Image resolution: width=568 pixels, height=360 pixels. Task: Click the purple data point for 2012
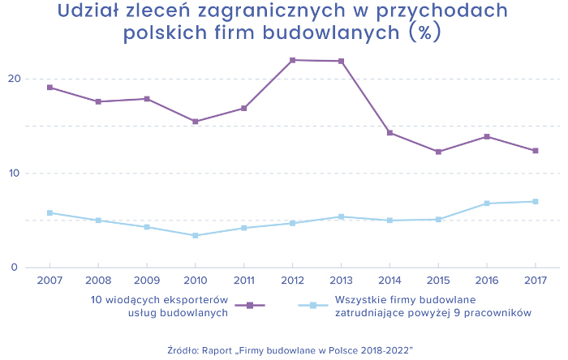tap(292, 60)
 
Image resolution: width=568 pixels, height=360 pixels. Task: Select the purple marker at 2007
tap(49, 87)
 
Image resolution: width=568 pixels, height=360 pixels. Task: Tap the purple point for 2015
tap(438, 152)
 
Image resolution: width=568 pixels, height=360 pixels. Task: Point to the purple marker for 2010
tap(195, 122)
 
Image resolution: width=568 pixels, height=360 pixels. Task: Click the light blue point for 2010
tap(195, 235)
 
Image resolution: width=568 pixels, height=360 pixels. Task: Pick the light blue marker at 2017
tap(536, 201)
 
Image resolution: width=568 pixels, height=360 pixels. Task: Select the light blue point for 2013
tap(341, 216)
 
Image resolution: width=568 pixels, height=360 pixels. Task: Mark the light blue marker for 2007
tap(49, 212)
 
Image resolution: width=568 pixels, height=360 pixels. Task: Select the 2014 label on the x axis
tap(389, 281)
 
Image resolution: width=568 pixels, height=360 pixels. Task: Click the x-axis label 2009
tap(146, 281)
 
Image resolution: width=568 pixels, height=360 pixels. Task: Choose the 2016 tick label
tap(487, 281)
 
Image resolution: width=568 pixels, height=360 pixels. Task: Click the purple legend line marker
tap(250, 306)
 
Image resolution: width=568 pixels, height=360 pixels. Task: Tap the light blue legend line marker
tap(313, 306)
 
